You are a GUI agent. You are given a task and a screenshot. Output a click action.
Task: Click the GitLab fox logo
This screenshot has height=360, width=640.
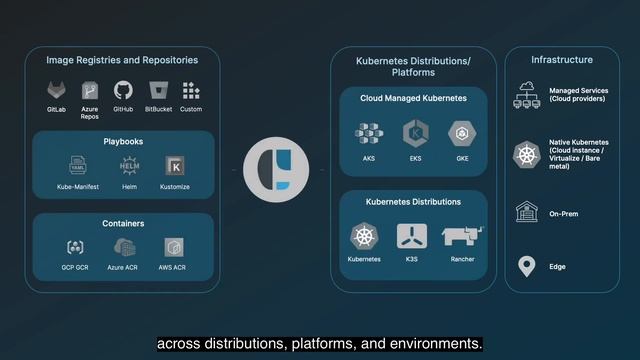(56, 90)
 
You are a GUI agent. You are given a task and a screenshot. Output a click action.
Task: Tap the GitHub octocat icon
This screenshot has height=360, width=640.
(123, 90)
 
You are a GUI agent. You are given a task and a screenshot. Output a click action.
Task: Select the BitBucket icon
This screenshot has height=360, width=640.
(156, 90)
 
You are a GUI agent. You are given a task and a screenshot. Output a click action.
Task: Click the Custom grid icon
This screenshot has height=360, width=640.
(191, 90)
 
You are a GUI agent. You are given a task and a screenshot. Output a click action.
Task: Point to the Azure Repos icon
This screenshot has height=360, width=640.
(90, 88)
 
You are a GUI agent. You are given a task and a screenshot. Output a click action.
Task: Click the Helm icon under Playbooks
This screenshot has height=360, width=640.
(129, 165)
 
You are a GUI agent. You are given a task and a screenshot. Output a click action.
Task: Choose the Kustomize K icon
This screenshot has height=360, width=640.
(174, 165)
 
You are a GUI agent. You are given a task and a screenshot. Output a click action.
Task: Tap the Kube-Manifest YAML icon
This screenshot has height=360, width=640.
(78, 165)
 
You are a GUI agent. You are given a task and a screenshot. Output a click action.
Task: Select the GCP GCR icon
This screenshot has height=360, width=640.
(75, 247)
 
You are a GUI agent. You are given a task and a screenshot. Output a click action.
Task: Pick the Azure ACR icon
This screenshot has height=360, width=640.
(124, 247)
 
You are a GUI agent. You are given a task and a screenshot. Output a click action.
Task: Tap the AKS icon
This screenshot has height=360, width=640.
(368, 133)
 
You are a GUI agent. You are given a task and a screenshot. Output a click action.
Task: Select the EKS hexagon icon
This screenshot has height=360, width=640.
(414, 133)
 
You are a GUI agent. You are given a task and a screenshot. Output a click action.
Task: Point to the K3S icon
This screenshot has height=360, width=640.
(412, 236)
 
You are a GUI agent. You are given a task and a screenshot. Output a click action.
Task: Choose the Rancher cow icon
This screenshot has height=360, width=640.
(463, 236)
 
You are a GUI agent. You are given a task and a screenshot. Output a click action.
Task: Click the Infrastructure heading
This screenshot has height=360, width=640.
(561, 60)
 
